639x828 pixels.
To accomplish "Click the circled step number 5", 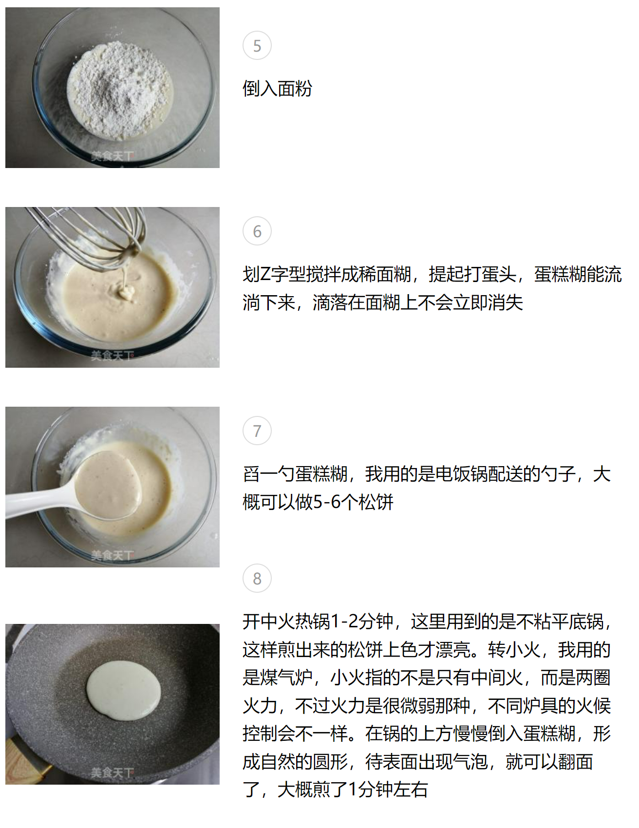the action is pyautogui.click(x=257, y=46).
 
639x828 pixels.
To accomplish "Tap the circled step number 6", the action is pyautogui.click(x=257, y=231).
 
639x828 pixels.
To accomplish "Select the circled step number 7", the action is pyautogui.click(x=257, y=431).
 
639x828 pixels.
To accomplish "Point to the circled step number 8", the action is pyautogui.click(x=257, y=579).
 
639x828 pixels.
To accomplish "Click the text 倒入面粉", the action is pyautogui.click(x=278, y=89).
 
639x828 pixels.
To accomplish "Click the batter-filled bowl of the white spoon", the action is pyautogui.click(x=108, y=485).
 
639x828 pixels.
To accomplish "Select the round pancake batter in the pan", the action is pyautogui.click(x=124, y=691).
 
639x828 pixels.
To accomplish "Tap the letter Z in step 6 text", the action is pyautogui.click(x=265, y=275).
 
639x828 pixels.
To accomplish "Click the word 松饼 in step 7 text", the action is pyautogui.click(x=376, y=502).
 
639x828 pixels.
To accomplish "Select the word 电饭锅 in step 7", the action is pyautogui.click(x=461, y=474).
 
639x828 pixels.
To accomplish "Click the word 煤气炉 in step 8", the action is pyautogui.click(x=286, y=677).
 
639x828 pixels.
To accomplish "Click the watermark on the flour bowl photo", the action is pyautogui.click(x=112, y=156).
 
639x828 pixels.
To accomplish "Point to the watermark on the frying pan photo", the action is pyautogui.click(x=112, y=773).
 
